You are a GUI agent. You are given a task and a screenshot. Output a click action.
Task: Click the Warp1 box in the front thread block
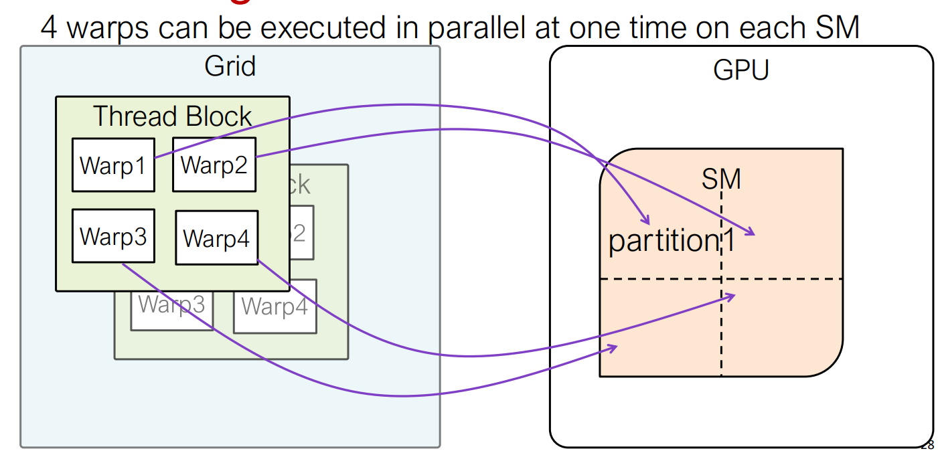[113, 165]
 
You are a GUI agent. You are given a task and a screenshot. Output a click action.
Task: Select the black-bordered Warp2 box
[214, 165]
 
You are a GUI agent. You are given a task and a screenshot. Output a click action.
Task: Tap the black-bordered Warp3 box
[113, 236]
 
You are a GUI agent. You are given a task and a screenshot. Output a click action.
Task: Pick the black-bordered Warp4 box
[216, 238]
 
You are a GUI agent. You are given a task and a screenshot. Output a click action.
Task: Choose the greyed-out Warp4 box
[275, 306]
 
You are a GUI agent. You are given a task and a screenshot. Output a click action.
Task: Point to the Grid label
[230, 66]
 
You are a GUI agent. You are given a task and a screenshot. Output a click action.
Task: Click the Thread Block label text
[172, 116]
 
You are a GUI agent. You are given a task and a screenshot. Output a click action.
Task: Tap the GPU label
[740, 69]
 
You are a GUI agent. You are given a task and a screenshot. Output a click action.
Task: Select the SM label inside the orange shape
[721, 179]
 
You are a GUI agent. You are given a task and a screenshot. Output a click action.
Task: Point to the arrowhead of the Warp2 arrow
[753, 234]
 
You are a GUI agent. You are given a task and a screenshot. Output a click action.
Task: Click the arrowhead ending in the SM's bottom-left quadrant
[614, 347]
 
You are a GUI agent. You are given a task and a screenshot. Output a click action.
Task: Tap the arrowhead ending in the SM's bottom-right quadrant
[733, 295]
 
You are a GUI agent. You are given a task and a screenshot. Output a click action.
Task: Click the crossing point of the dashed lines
[721, 279]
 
